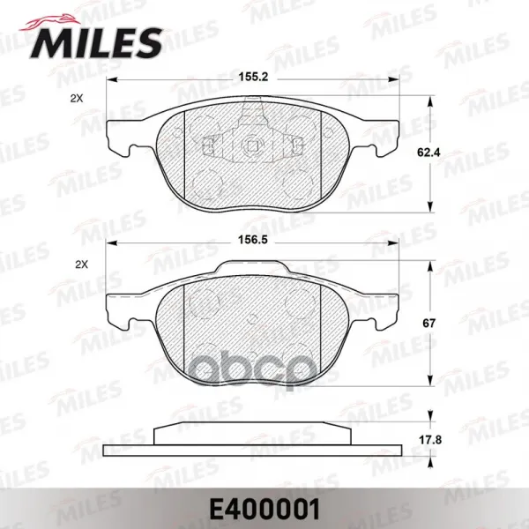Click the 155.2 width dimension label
[x=253, y=78]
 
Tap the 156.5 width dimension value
[x=253, y=240]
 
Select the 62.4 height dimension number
[x=428, y=153]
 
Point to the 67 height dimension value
[x=428, y=324]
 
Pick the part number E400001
[x=264, y=510]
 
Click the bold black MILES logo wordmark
[x=96, y=43]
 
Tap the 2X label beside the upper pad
[x=77, y=99]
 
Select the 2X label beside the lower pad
[x=81, y=264]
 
